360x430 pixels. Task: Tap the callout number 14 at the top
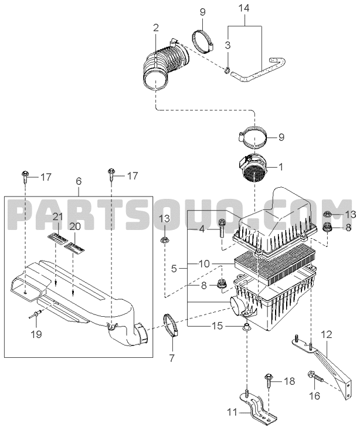point(243,8)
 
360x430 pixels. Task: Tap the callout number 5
point(174,268)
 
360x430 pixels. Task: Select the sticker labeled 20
point(74,246)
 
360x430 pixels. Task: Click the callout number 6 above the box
point(79,181)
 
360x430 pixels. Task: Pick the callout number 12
point(326,334)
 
